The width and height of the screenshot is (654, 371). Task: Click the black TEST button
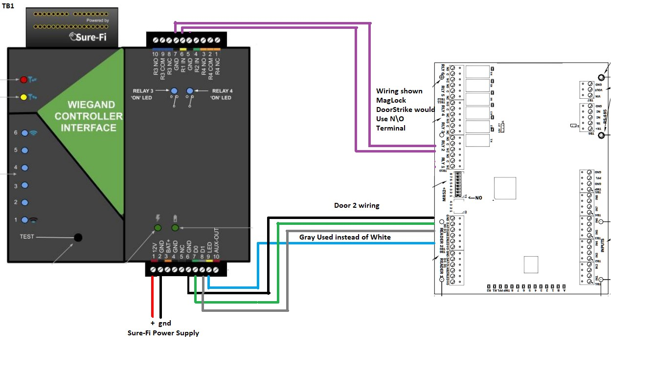[x=77, y=238]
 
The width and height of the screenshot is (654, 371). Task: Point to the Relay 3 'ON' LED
[x=174, y=91]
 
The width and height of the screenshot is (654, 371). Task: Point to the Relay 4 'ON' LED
[x=190, y=91]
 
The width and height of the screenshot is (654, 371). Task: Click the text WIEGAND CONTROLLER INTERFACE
[x=89, y=116]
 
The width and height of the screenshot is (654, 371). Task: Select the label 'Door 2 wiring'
[x=357, y=205]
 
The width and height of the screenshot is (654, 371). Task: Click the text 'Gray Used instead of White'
[x=345, y=237]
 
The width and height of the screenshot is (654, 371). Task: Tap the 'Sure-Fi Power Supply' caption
[x=163, y=333]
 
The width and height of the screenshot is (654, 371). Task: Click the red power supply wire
[x=153, y=298]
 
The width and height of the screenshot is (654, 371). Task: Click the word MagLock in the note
[x=387, y=100]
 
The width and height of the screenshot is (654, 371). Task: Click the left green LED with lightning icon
[x=158, y=228]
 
